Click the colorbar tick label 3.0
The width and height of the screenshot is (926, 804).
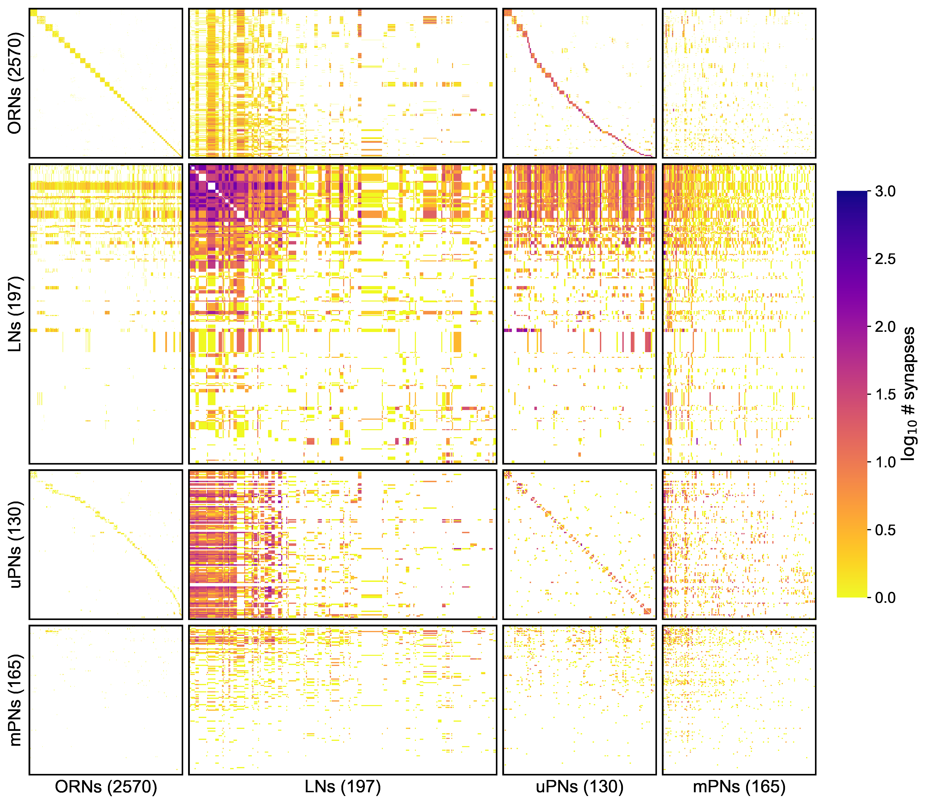885,192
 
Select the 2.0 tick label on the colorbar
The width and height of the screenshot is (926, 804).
885,327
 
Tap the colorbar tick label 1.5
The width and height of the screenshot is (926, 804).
885,394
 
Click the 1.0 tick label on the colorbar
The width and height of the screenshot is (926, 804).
885,462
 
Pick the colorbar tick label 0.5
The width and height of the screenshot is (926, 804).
885,530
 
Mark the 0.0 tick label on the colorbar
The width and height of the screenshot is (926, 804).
885,598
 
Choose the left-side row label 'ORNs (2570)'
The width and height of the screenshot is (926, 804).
15,83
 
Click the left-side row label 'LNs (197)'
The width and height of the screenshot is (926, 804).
15,314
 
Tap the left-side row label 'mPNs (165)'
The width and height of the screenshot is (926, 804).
15,700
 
